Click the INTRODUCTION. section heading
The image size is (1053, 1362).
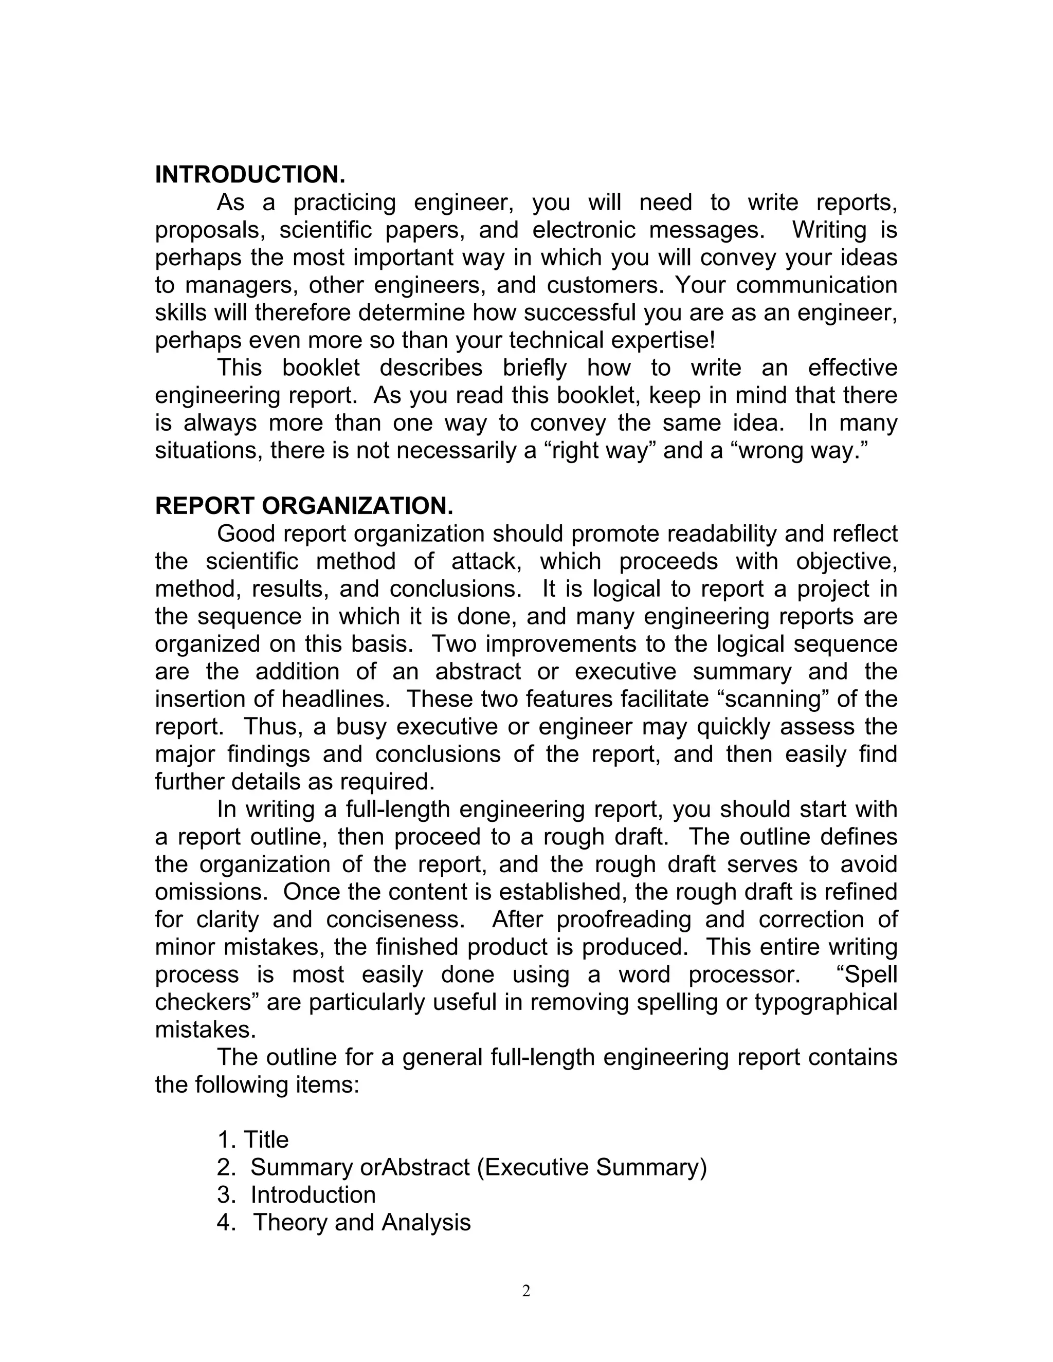(x=249, y=175)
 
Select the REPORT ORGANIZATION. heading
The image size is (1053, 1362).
(x=304, y=506)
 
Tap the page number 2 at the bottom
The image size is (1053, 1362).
(x=526, y=1291)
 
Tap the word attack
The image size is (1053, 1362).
(x=486, y=561)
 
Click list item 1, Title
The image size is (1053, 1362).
(x=266, y=1139)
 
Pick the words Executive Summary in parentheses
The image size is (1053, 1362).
(x=591, y=1167)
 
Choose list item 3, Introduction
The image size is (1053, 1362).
(x=313, y=1194)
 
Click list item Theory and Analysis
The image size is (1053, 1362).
(x=362, y=1222)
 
